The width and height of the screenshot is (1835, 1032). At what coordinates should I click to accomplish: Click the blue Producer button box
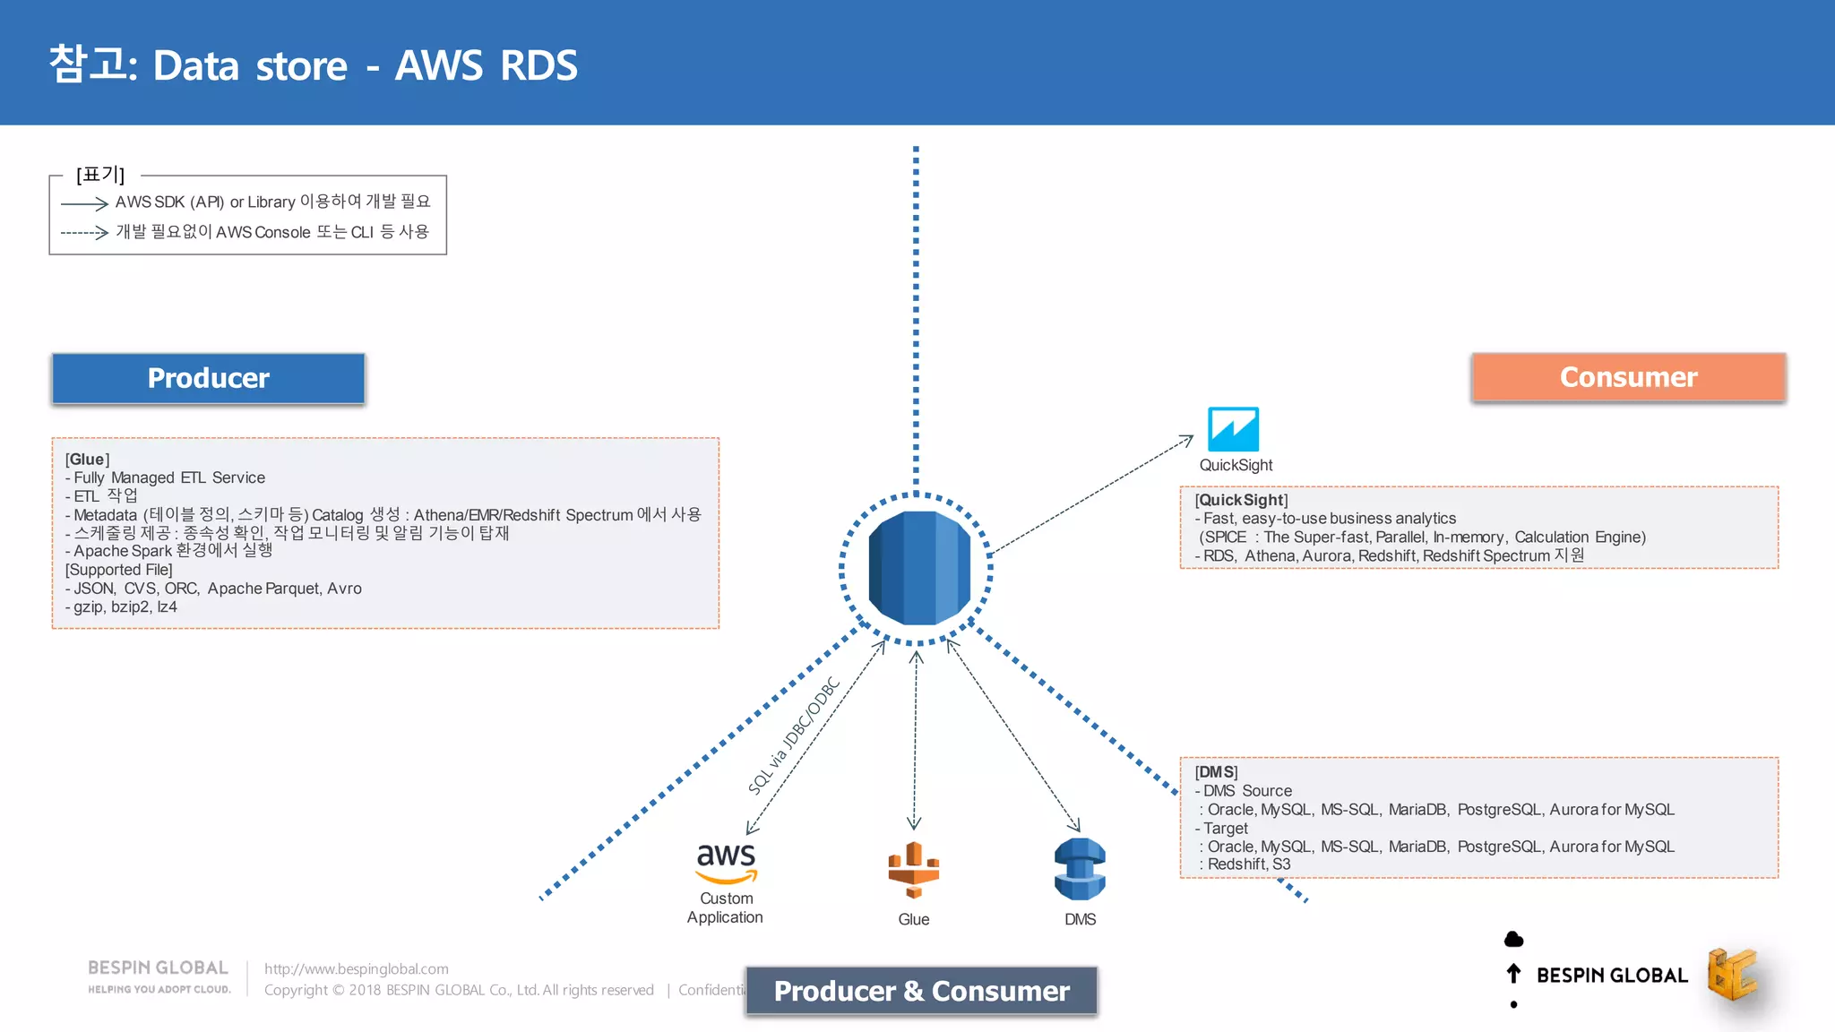(208, 378)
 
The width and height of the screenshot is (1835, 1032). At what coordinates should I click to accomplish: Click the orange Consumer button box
(1628, 377)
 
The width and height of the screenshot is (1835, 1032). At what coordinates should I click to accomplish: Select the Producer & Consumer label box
(921, 991)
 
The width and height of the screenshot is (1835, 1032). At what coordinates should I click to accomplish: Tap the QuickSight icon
(1233, 429)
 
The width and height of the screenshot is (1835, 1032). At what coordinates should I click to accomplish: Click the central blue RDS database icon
(918, 568)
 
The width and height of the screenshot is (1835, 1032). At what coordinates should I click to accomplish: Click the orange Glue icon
(913, 870)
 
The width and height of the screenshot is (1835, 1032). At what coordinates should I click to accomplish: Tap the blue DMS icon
(1080, 869)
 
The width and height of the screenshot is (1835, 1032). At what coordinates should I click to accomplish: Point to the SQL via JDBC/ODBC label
(794, 736)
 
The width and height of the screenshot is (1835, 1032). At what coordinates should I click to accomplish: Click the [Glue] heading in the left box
(87, 460)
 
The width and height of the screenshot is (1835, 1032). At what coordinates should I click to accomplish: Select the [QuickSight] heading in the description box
(1241, 500)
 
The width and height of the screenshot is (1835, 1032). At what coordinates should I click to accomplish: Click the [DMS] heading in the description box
(1216, 772)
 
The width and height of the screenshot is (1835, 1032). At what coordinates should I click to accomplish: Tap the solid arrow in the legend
(84, 204)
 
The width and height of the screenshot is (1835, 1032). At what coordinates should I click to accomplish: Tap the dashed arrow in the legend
(84, 233)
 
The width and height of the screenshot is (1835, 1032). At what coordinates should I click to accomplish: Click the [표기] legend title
(100, 175)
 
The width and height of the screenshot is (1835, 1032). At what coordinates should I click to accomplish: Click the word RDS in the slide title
(538, 66)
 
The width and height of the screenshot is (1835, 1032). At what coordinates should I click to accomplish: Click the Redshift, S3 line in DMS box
(1248, 864)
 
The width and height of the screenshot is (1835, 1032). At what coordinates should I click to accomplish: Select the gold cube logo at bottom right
(1732, 974)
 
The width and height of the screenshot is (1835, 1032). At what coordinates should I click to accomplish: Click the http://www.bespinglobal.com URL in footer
(356, 968)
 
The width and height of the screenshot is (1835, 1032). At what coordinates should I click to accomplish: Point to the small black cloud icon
(1513, 939)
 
